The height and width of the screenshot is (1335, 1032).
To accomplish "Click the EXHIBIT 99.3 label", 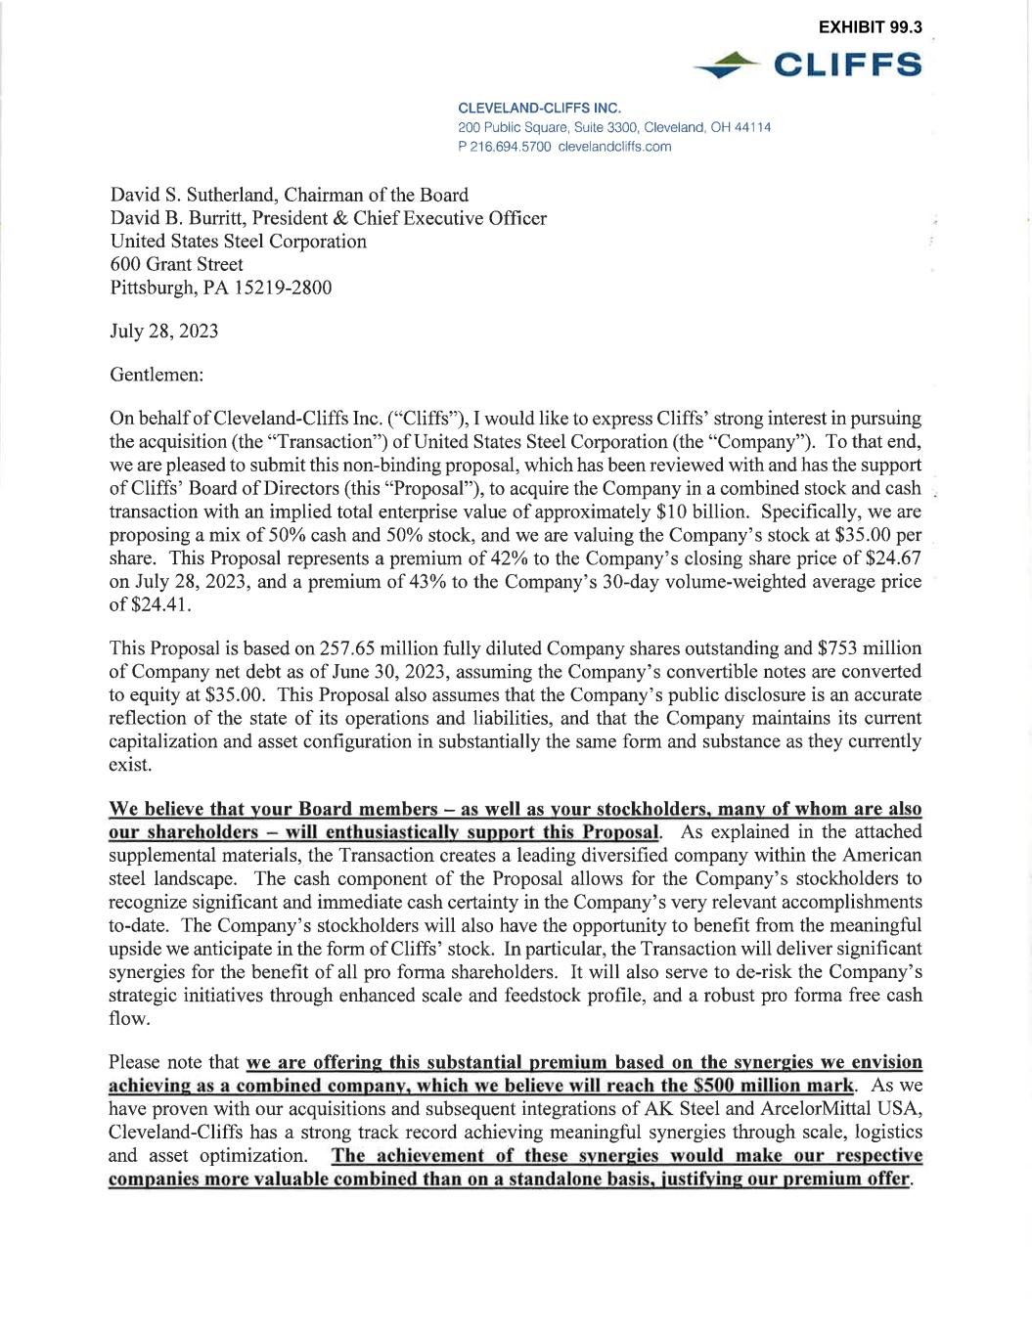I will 870,27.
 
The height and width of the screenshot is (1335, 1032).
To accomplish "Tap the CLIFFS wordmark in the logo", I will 847,65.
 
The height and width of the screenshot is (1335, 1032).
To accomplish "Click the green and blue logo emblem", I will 727,66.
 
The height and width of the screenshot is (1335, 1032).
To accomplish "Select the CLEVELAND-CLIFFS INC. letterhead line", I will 539,108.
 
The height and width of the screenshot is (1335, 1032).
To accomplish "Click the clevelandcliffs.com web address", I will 614,147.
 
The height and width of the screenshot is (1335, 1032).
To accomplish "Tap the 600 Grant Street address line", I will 177,264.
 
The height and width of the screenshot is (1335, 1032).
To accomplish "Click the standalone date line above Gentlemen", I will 164,331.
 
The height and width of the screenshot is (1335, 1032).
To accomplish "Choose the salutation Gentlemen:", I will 157,374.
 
